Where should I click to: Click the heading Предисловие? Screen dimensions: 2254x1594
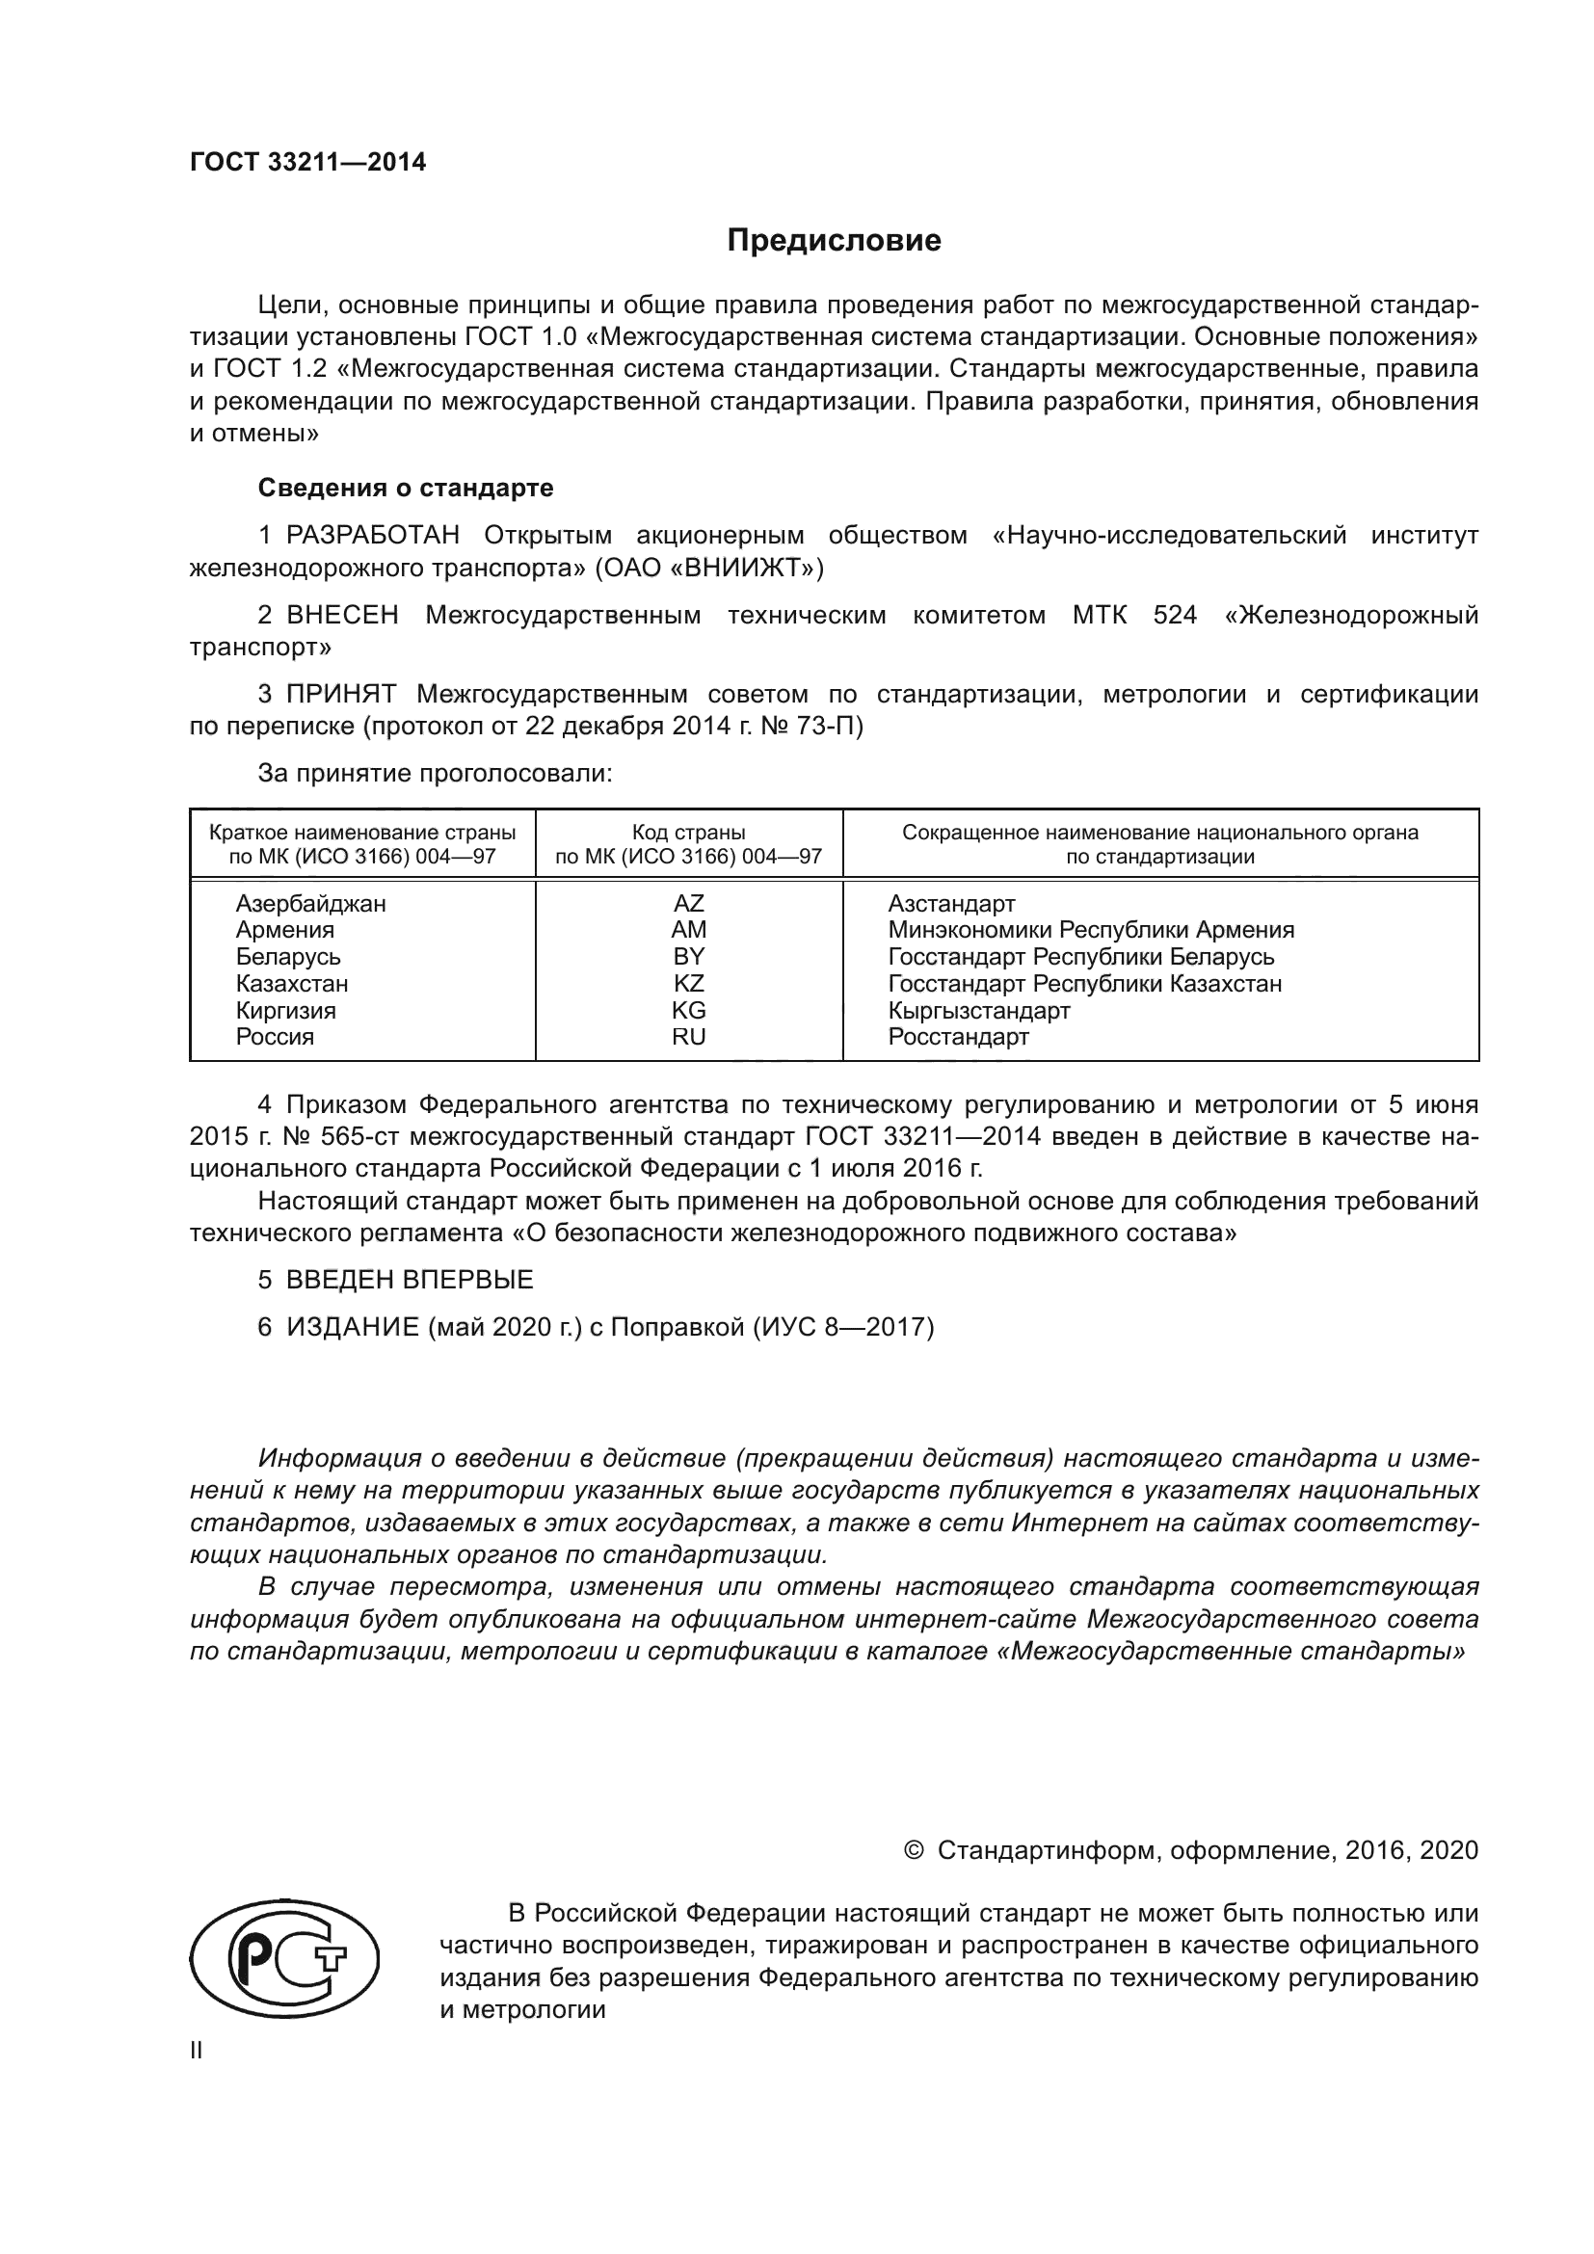[834, 241]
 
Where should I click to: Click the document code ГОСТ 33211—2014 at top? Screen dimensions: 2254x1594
[307, 163]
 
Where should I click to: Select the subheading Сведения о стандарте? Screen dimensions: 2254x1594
[406, 488]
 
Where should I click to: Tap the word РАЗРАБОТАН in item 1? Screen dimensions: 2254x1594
[373, 536]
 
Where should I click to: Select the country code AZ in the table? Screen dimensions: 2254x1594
[688, 903]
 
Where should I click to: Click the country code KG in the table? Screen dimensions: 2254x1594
[688, 1010]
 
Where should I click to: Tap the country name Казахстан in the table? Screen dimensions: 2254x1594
[291, 984]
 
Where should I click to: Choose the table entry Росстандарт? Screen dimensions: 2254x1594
[958, 1038]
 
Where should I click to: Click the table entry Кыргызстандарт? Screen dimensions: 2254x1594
[978, 1010]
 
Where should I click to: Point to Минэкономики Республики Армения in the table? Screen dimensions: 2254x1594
[1091, 930]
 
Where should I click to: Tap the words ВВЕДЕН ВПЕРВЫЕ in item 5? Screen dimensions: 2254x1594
[410, 1280]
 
